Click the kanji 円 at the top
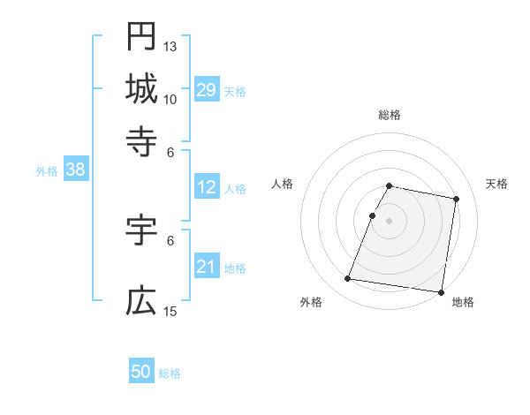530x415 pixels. (x=141, y=37)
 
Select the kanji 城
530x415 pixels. (x=141, y=88)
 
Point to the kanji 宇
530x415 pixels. (x=141, y=232)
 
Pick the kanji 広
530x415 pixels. (x=141, y=302)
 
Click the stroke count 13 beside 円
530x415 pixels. (x=170, y=46)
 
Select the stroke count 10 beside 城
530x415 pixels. (x=170, y=98)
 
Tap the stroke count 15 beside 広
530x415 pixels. (x=170, y=312)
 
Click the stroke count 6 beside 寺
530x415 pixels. (x=170, y=151)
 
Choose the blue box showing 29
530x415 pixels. (x=206, y=90)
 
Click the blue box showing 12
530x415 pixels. (x=206, y=188)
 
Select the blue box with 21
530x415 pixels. (x=206, y=268)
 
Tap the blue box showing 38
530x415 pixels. (x=75, y=170)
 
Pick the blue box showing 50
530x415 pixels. (x=141, y=373)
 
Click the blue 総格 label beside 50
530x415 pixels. (x=170, y=373)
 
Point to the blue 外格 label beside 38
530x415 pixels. (x=47, y=171)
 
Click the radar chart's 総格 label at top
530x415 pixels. (x=390, y=115)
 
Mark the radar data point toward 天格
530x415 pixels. (x=456, y=200)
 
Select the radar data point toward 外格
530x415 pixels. (x=347, y=279)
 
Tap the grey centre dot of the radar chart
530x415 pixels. (x=390, y=220)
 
